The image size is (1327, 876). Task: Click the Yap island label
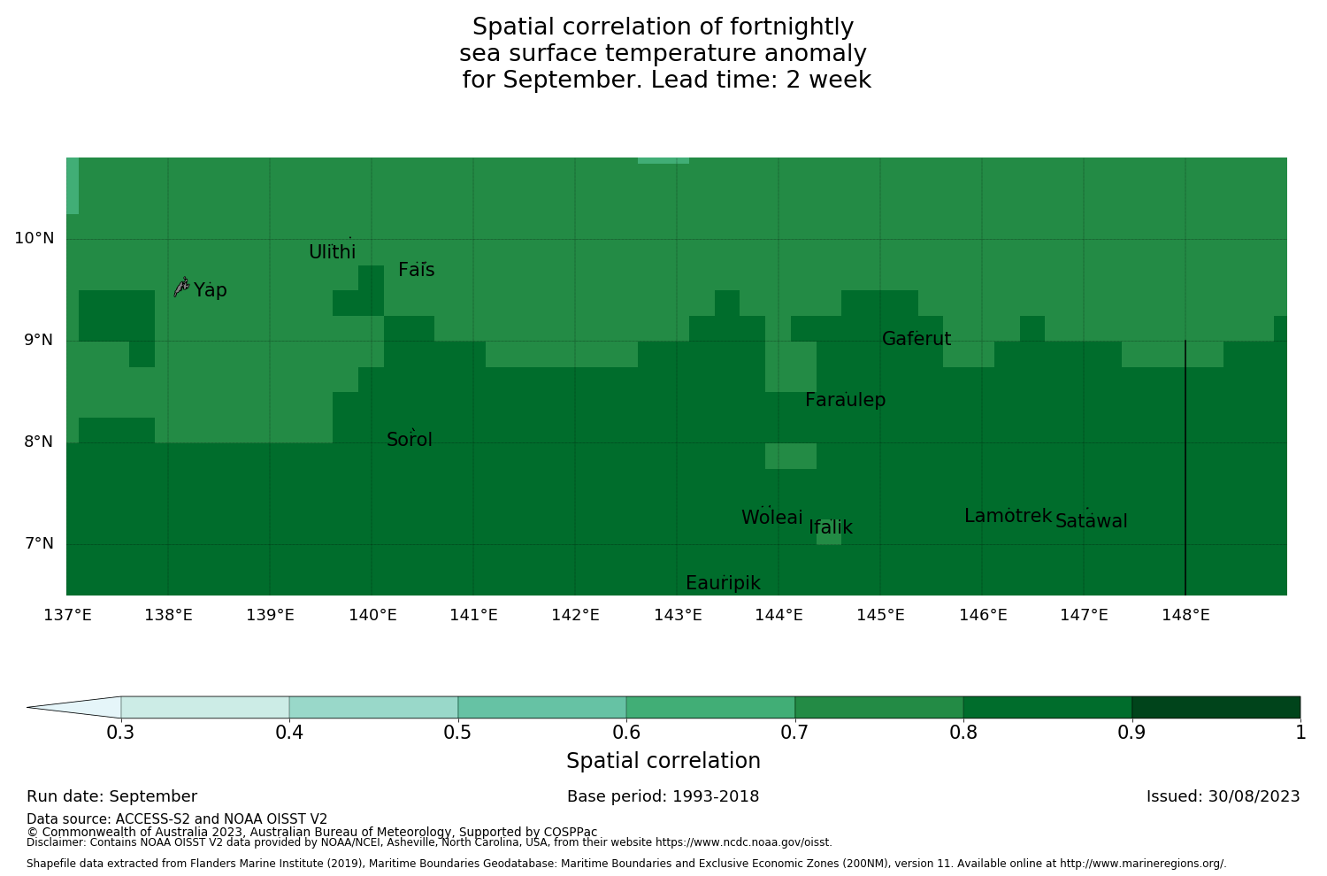[211, 291]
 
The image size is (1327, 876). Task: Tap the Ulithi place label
[332, 252]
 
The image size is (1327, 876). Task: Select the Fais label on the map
[416, 271]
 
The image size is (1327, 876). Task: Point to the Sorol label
[409, 440]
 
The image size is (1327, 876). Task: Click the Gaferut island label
[916, 339]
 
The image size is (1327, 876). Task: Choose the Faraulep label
[845, 400]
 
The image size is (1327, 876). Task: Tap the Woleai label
[771, 518]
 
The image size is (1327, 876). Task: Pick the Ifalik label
[830, 527]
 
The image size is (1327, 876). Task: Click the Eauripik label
[723, 583]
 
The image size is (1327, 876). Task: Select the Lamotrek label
[1008, 516]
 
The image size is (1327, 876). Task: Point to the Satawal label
[1091, 521]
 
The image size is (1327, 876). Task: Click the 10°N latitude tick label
[34, 238]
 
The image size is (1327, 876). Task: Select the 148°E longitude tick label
[1185, 615]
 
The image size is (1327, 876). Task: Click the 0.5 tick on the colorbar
[457, 732]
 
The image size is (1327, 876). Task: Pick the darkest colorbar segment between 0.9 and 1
[1216, 707]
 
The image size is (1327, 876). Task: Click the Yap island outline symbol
[181, 287]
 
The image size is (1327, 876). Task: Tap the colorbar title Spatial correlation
[663, 761]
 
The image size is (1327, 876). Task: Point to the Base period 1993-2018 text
[663, 796]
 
